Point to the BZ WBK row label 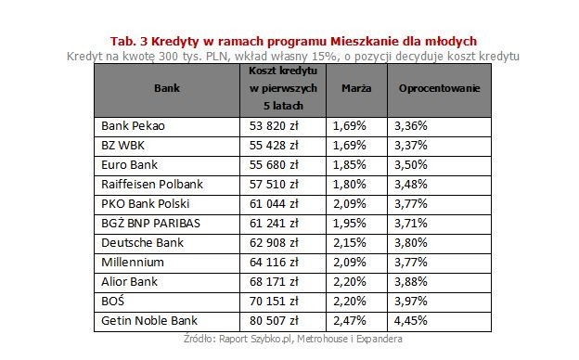click(x=122, y=146)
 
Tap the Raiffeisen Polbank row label click(x=149, y=185)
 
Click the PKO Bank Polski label click(x=143, y=204)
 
